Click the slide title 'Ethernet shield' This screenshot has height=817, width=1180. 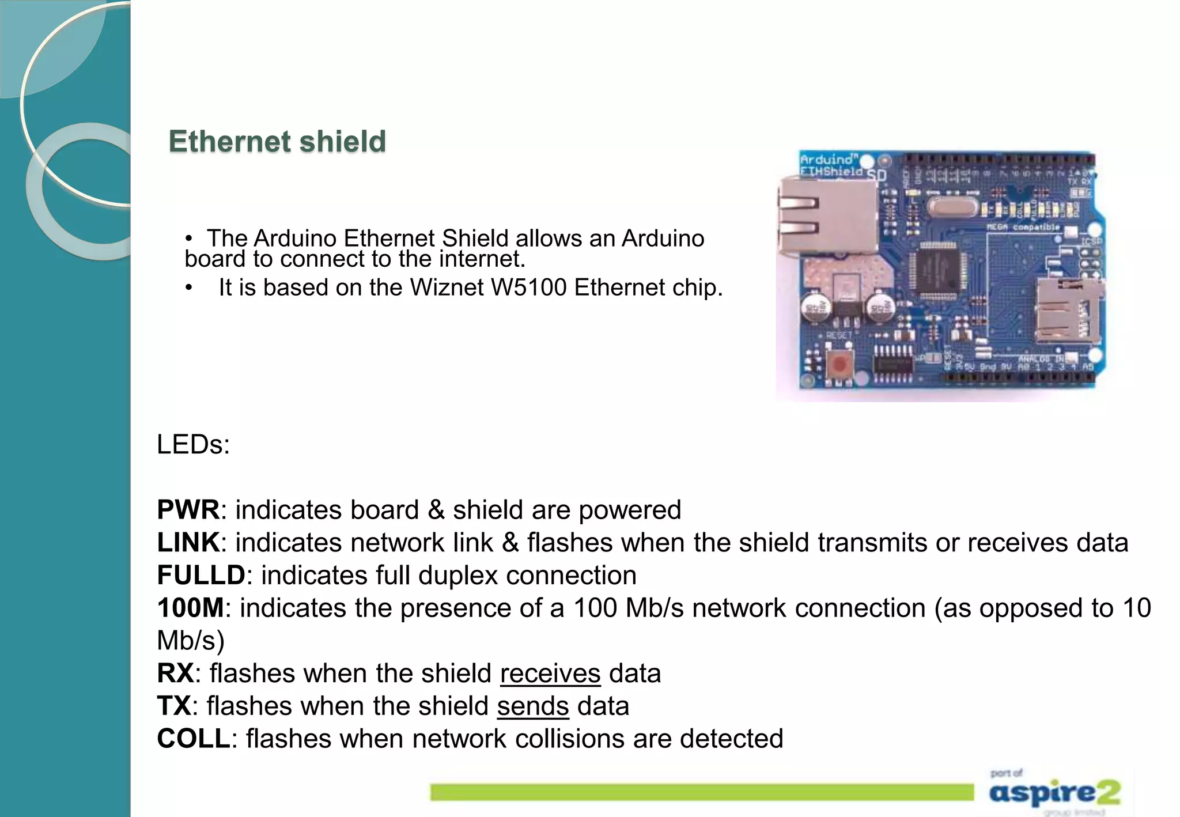277,142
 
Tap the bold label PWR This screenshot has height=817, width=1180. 188,510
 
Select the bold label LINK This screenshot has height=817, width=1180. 188,543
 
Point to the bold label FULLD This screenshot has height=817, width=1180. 201,576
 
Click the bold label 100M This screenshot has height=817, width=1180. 190,608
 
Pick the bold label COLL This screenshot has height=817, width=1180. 194,739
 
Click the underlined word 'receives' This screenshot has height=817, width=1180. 550,674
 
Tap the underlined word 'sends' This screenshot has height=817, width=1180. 533,706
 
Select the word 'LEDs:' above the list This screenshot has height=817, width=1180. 193,445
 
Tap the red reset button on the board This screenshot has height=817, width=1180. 839,364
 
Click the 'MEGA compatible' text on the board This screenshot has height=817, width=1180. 1023,227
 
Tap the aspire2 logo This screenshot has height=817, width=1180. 1054,793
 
